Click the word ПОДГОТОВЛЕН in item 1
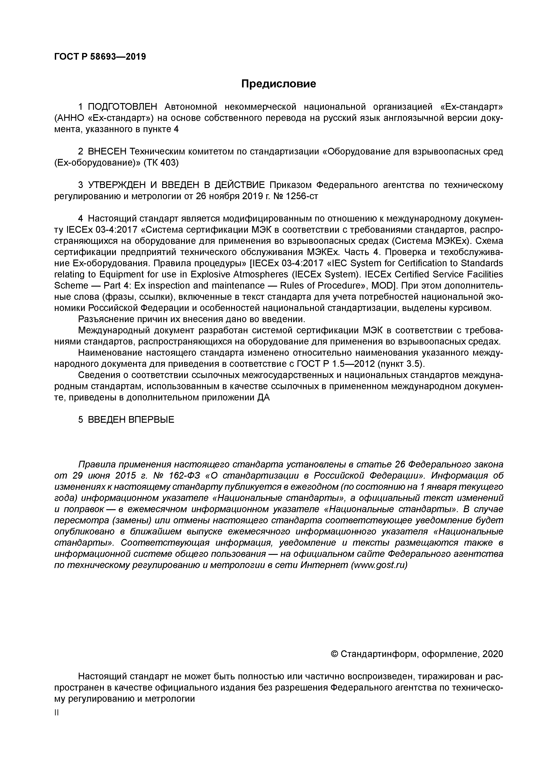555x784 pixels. pyautogui.click(x=123, y=107)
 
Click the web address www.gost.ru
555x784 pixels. pyautogui.click(x=379, y=565)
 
